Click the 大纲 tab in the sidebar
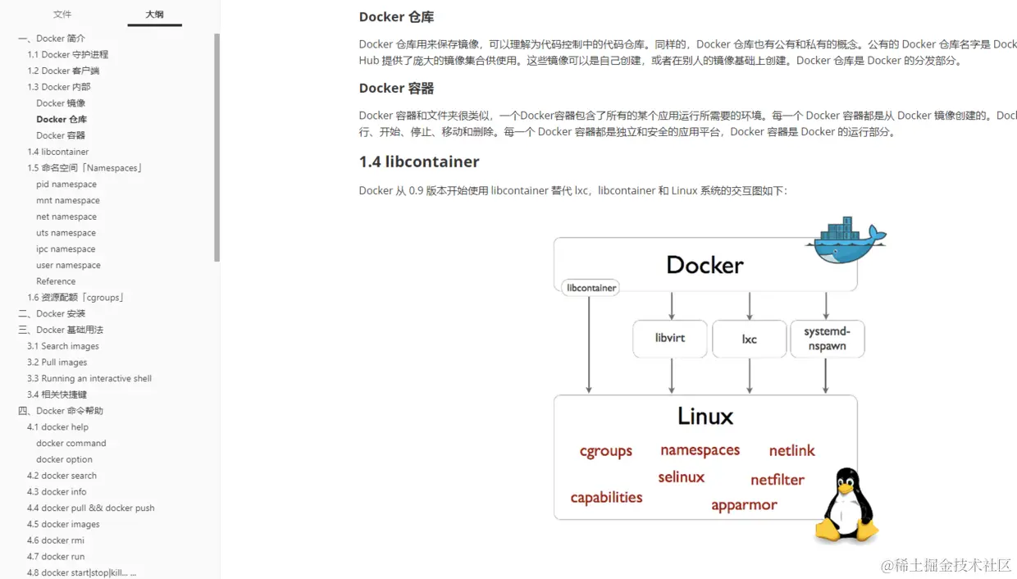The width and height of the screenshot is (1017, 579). click(154, 14)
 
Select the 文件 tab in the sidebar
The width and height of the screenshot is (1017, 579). click(62, 14)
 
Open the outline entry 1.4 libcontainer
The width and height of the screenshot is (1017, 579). click(57, 152)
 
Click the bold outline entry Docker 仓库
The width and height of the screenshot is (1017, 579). click(62, 119)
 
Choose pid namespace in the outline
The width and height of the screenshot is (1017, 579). click(66, 185)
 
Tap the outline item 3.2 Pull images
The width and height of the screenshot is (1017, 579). click(57, 362)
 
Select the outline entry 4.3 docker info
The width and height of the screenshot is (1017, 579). click(57, 492)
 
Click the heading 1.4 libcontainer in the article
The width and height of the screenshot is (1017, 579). click(419, 162)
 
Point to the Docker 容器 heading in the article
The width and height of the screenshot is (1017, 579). click(397, 88)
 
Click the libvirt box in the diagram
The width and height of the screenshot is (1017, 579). click(670, 338)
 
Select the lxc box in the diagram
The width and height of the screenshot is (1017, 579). click(750, 339)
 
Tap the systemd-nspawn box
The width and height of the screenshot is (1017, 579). click(827, 339)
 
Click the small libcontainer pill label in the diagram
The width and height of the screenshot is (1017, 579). click(591, 288)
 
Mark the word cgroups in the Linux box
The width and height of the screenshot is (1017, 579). click(606, 451)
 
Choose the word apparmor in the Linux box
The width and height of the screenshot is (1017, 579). click(744, 505)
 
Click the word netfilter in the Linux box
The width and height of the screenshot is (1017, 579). click(778, 480)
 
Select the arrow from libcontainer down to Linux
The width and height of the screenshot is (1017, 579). click(589, 344)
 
